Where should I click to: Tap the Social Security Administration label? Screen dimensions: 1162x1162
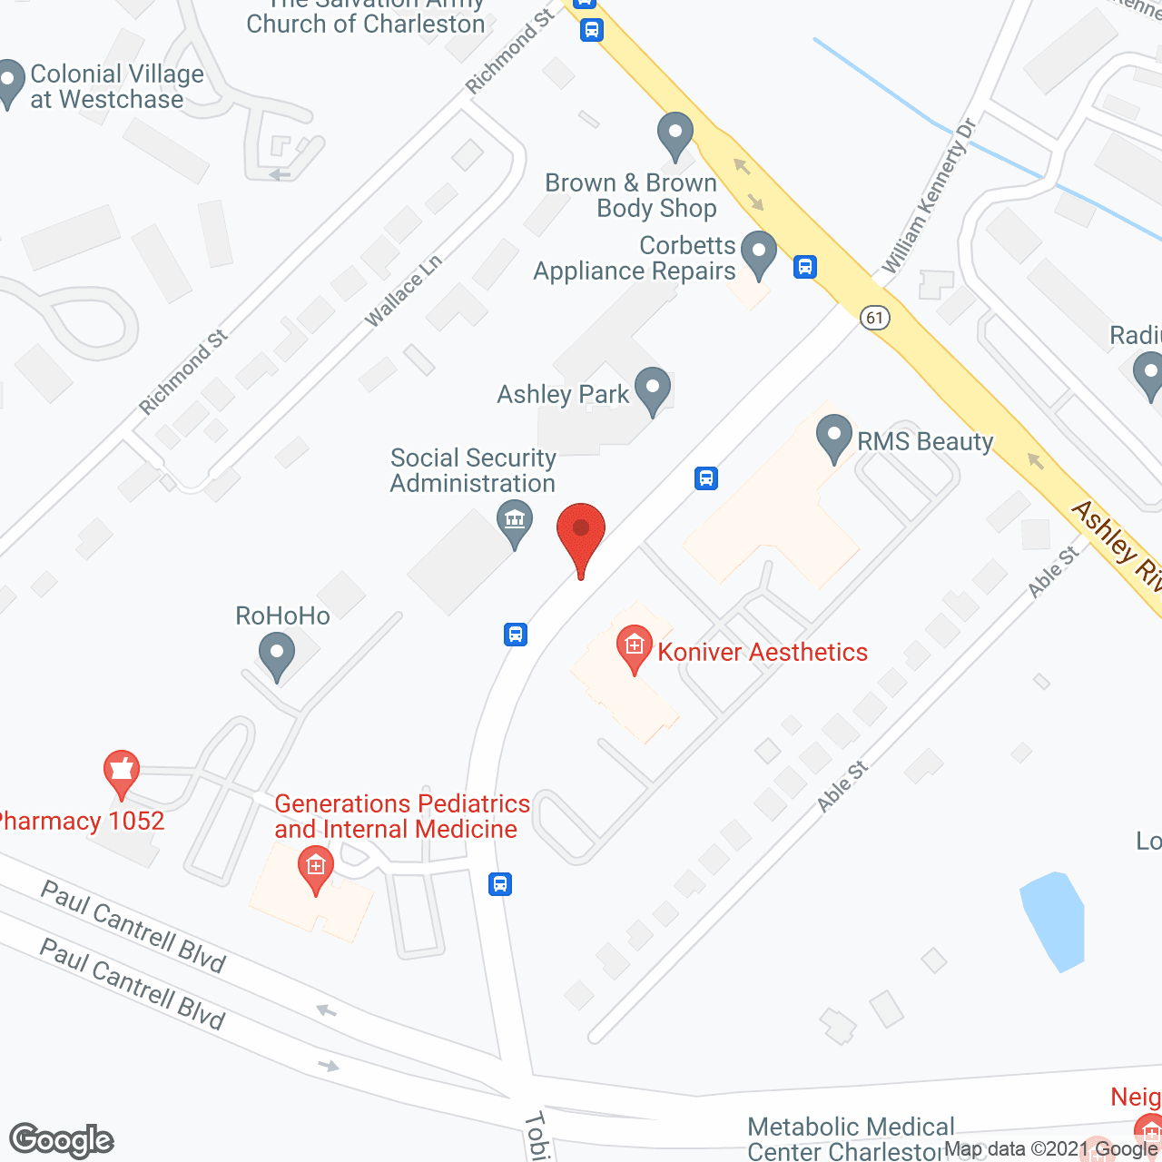tap(472, 470)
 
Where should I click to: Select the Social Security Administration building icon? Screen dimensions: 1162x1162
tap(515, 522)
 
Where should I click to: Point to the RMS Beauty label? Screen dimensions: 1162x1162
tap(925, 442)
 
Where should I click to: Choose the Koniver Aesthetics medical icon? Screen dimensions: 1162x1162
tap(634, 647)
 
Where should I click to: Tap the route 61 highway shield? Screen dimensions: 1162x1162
tap(874, 318)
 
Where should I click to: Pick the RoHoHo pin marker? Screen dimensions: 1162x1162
tap(277, 654)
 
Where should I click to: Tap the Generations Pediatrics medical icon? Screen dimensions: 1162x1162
tap(315, 867)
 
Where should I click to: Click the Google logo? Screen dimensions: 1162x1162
tap(61, 1140)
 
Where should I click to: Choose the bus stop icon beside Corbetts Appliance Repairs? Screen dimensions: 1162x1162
tap(804, 267)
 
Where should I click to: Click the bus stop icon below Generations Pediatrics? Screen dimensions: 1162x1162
tap(500, 883)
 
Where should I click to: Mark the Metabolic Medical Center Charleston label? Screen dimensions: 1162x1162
tap(851, 1139)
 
